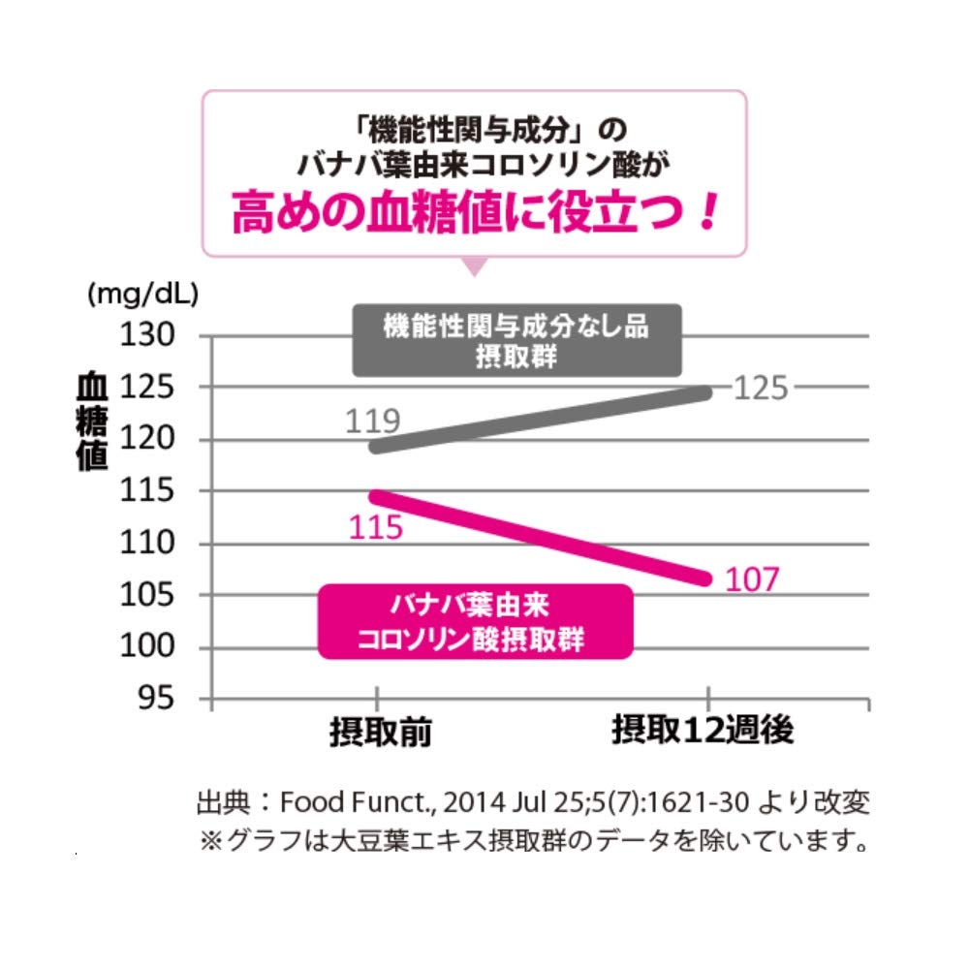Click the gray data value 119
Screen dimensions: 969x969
[x=373, y=422]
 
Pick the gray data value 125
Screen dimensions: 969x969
[x=763, y=389]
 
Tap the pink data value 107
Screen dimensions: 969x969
[x=752, y=579]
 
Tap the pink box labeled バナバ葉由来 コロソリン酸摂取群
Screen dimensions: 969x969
[x=475, y=622]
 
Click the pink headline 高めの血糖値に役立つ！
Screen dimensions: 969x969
[x=475, y=214]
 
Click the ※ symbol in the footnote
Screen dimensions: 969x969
[x=210, y=840]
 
